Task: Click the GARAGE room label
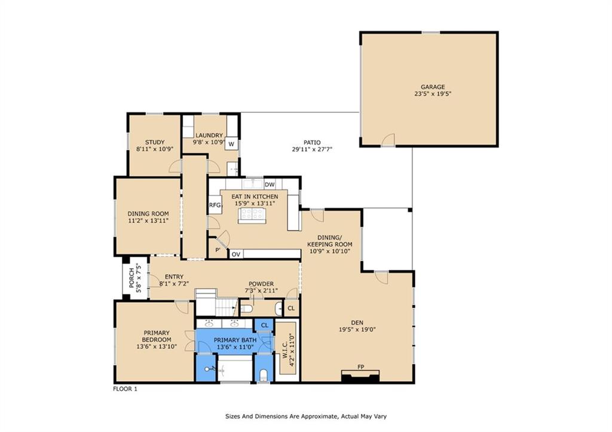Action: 433,87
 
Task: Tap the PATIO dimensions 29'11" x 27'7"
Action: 312,149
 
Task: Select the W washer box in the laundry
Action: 231,144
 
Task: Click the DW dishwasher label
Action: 270,185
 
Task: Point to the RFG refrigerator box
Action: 215,205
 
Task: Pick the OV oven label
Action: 235,255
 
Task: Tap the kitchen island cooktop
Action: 252,214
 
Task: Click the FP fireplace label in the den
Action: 360,367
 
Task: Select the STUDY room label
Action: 155,142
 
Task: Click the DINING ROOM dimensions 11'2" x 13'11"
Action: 148,220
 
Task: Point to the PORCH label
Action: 131,277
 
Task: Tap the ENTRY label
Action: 174,277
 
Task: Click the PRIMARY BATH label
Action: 235,340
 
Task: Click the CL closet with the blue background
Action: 265,325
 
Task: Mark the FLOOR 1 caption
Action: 125,389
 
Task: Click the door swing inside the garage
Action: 388,139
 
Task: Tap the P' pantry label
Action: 218,250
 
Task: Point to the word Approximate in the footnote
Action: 320,416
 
